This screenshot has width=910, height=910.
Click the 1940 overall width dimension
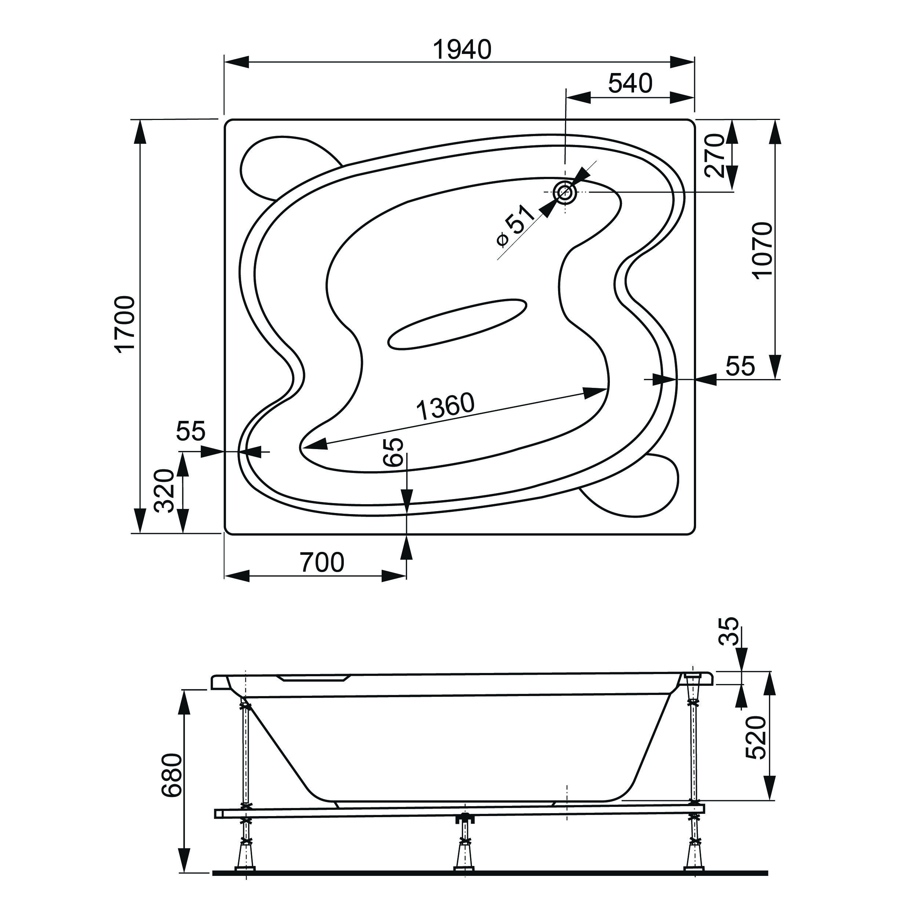click(462, 50)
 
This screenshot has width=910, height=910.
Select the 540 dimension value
click(630, 84)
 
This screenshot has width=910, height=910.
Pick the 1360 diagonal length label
click(445, 407)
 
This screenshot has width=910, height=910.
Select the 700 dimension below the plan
click(322, 562)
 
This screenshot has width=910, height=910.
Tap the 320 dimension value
click(165, 490)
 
